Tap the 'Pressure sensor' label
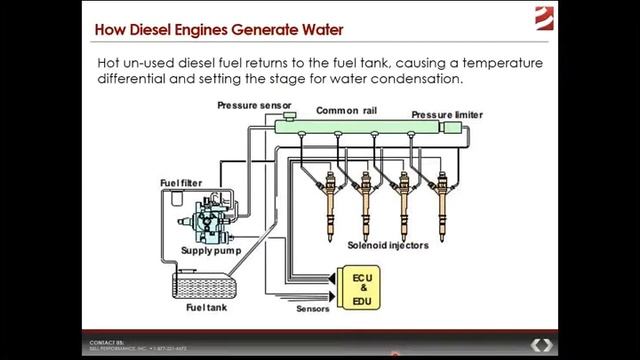(254, 105)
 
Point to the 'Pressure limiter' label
(447, 116)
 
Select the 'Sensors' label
(313, 309)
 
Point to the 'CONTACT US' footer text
(103, 341)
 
